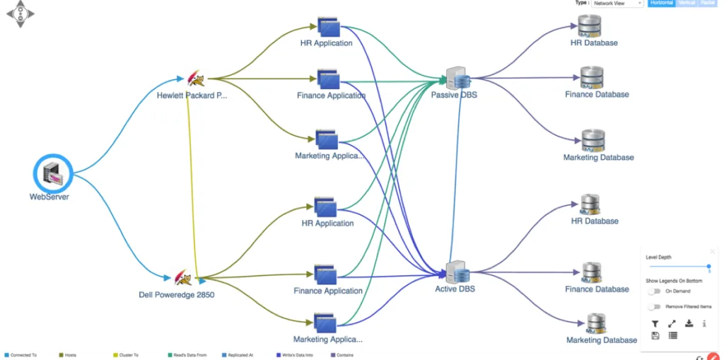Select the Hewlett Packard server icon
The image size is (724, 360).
point(194,79)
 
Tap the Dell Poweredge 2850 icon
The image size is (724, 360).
point(182,278)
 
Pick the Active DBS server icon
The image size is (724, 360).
point(457,272)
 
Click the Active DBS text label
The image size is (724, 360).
point(455,289)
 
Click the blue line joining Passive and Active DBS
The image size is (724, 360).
point(458,177)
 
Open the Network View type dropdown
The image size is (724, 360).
point(617,4)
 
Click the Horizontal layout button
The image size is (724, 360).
point(662,4)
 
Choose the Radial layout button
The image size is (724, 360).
point(708,4)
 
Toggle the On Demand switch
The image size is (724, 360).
point(654,291)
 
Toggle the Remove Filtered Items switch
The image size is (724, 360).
point(654,306)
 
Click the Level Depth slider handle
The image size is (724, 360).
point(708,267)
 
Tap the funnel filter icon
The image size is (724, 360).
point(655,323)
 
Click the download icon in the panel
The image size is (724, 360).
point(689,323)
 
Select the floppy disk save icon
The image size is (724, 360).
point(655,335)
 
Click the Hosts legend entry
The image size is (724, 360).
point(70,355)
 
